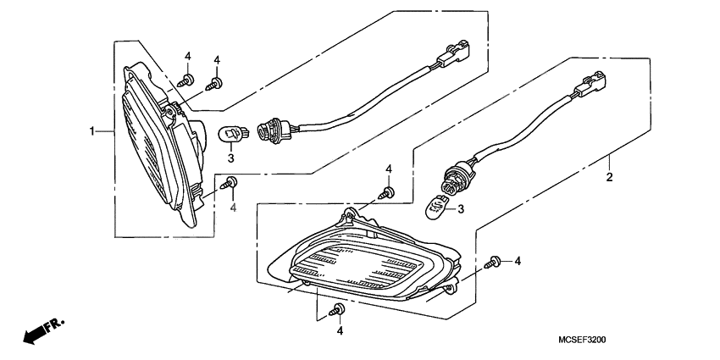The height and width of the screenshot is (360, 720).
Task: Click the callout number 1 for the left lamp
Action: point(91,131)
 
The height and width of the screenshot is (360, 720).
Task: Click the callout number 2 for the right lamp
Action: point(609,179)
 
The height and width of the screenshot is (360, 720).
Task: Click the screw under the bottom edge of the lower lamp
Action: point(340,308)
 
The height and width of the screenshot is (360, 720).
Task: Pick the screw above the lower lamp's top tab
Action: point(388,194)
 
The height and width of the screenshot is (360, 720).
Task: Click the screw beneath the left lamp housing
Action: point(230,182)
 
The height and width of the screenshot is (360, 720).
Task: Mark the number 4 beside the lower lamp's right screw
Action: point(517,262)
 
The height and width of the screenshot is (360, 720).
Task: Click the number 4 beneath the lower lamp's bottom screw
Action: point(340,331)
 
